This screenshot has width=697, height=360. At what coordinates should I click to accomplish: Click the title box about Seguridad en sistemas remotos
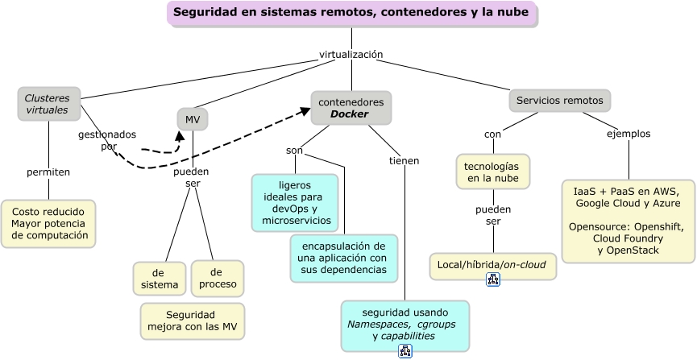tap(351, 13)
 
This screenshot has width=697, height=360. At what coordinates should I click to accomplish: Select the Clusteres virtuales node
tap(48, 104)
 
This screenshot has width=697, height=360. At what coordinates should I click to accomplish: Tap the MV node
tap(193, 120)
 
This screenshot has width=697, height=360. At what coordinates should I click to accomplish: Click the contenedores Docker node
tap(351, 108)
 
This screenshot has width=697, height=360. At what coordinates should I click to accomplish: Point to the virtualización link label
tap(351, 55)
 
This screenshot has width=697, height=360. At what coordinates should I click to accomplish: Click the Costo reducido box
tap(48, 223)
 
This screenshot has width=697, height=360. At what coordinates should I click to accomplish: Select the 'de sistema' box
tap(159, 278)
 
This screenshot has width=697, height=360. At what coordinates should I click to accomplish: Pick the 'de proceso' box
tap(217, 278)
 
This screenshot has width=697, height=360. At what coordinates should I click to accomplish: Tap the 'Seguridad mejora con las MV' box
tap(192, 321)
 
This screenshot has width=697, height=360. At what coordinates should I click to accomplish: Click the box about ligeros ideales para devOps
tap(294, 203)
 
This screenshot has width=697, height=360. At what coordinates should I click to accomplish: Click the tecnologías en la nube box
tap(493, 171)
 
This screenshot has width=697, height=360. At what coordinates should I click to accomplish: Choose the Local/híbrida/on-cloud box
tap(492, 264)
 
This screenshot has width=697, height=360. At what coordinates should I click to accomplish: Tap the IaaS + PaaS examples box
tap(628, 221)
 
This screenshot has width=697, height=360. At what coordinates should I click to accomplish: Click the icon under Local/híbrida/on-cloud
tap(493, 279)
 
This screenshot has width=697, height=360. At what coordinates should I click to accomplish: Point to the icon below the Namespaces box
tap(405, 351)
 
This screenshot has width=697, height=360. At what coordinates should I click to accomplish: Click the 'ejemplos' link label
tap(629, 134)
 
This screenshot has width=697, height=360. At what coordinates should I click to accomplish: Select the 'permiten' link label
tap(48, 172)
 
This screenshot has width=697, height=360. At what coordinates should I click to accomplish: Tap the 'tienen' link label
tap(404, 161)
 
